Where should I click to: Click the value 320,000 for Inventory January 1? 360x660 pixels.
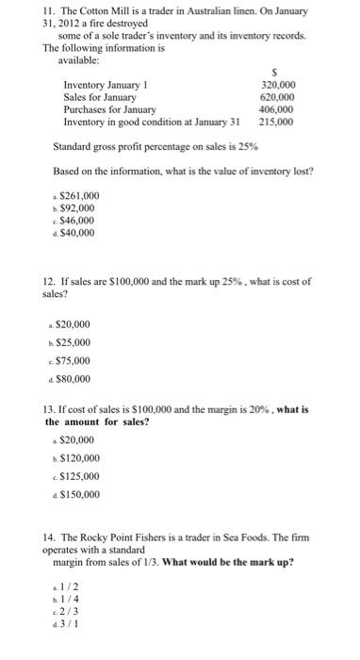276,83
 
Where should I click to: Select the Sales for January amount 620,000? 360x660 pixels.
276,96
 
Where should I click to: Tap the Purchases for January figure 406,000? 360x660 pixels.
276,109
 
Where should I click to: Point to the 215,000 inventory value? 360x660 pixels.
276,123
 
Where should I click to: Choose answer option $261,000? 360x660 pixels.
79,194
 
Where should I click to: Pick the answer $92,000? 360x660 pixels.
77,206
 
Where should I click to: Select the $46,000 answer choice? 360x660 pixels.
77,220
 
